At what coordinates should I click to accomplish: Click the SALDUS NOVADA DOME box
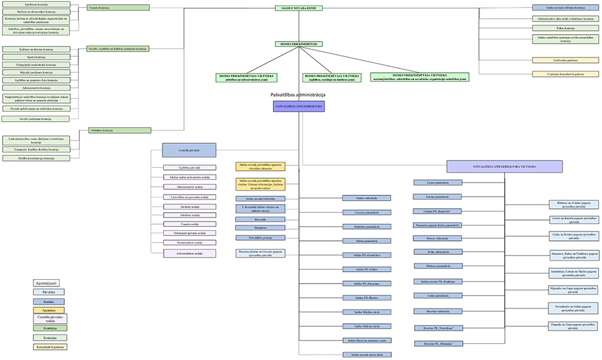pyautogui.click(x=298, y=8)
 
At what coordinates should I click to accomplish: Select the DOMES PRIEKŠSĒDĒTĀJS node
pyautogui.click(x=298, y=43)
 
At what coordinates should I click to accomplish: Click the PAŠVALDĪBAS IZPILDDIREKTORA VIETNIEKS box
pyautogui.click(x=503, y=166)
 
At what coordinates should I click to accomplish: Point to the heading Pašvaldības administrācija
pyautogui.click(x=298, y=97)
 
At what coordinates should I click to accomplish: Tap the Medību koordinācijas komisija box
pyautogui.click(x=36, y=159)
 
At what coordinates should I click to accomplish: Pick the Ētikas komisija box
pyautogui.click(x=565, y=28)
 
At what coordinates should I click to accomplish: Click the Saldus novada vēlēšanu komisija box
pyautogui.click(x=565, y=8)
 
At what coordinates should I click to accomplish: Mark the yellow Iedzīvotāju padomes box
pyautogui.click(x=565, y=60)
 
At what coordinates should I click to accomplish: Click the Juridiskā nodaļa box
pyautogui.click(x=189, y=207)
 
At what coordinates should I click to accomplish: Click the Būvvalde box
pyautogui.click(x=260, y=219)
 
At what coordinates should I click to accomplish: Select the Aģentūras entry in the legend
pyautogui.click(x=49, y=310)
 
